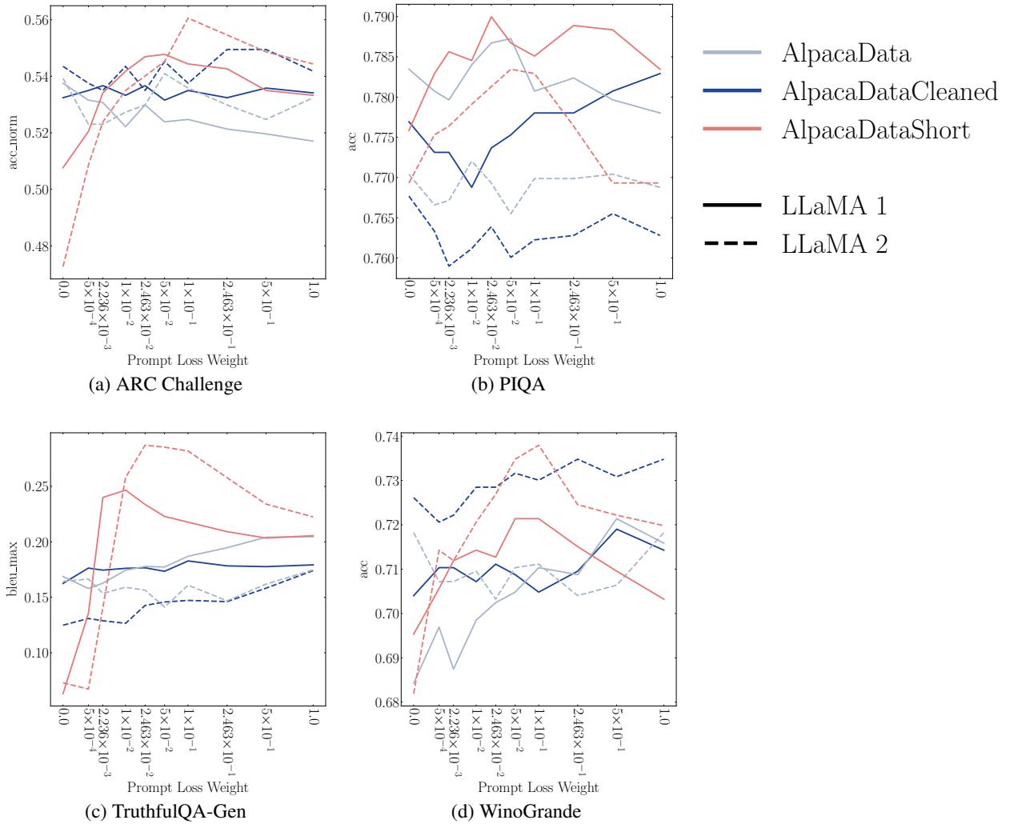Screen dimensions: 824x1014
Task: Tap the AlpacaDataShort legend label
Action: click(876, 130)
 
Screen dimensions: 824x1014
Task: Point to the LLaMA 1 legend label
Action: click(834, 206)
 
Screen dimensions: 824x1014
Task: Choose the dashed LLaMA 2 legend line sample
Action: click(731, 244)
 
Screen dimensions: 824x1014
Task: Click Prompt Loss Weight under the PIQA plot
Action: click(520, 360)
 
